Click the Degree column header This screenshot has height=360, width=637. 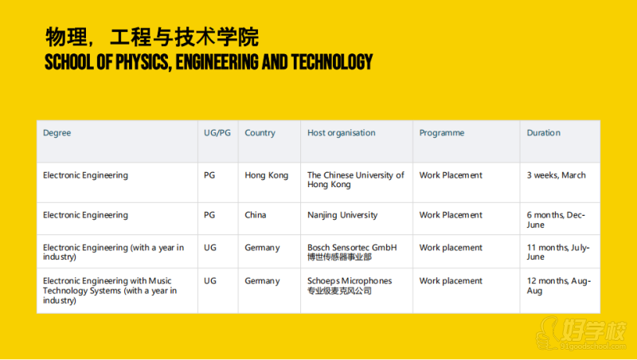(x=57, y=133)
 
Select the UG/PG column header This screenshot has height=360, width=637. (x=217, y=133)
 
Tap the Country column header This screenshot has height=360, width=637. (x=260, y=133)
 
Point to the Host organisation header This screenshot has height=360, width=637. (x=342, y=133)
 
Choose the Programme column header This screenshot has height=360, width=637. (x=442, y=133)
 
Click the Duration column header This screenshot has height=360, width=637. (x=544, y=133)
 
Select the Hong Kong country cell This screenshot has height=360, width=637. (x=267, y=175)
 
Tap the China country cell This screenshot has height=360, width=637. (x=255, y=215)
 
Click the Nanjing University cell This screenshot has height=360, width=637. (x=342, y=215)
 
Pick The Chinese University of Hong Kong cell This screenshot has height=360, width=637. (x=355, y=179)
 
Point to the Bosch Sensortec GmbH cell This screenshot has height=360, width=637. (x=352, y=252)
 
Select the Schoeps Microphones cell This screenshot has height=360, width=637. (x=350, y=286)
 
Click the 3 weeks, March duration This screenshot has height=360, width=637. (x=556, y=175)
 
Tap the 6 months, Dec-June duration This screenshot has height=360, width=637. (x=556, y=220)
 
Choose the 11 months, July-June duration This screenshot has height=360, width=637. (x=558, y=252)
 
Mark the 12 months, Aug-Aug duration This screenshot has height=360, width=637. (x=559, y=286)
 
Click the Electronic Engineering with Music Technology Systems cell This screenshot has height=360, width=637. (x=110, y=291)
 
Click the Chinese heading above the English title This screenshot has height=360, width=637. (x=152, y=37)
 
